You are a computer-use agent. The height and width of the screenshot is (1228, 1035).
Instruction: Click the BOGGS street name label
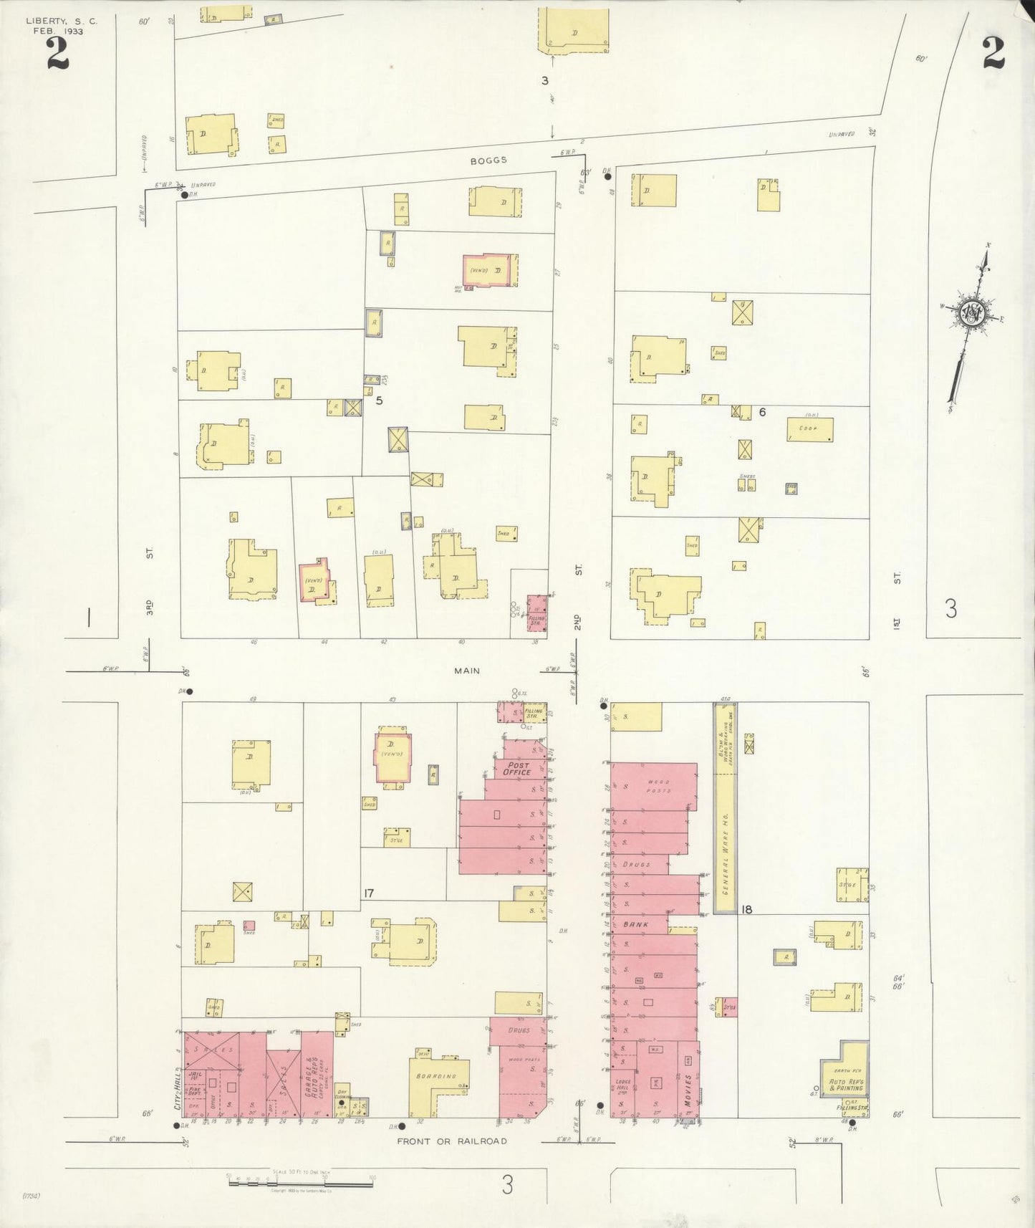(x=488, y=160)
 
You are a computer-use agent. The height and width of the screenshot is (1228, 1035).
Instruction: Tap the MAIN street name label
(x=466, y=671)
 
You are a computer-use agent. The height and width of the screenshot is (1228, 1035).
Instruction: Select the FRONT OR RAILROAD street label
(x=452, y=1141)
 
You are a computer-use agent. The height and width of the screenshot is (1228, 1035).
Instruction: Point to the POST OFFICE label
(x=516, y=769)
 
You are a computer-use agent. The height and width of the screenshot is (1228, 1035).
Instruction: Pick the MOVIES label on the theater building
(x=688, y=1090)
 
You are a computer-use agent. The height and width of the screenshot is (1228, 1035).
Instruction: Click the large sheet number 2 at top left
(x=57, y=53)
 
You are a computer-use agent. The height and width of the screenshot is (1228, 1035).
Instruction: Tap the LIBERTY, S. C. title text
(x=62, y=21)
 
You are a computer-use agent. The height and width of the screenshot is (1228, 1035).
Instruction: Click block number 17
(x=368, y=893)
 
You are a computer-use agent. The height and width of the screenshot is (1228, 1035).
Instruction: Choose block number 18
(x=747, y=909)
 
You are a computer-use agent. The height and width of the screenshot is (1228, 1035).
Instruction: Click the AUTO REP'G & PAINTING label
(x=846, y=1085)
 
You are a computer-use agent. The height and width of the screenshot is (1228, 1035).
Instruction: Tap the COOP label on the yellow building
(x=809, y=429)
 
